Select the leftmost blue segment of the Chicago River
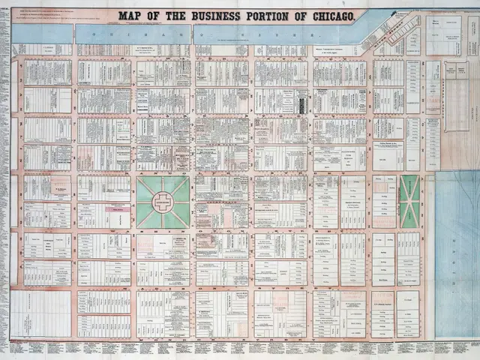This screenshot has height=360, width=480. pyautogui.click(x=43, y=34)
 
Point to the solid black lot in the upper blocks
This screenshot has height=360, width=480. pyautogui.click(x=301, y=103)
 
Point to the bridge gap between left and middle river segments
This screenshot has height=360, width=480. pyautogui.click(x=74, y=34)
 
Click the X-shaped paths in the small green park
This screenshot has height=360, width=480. pyautogui.click(x=409, y=201)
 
